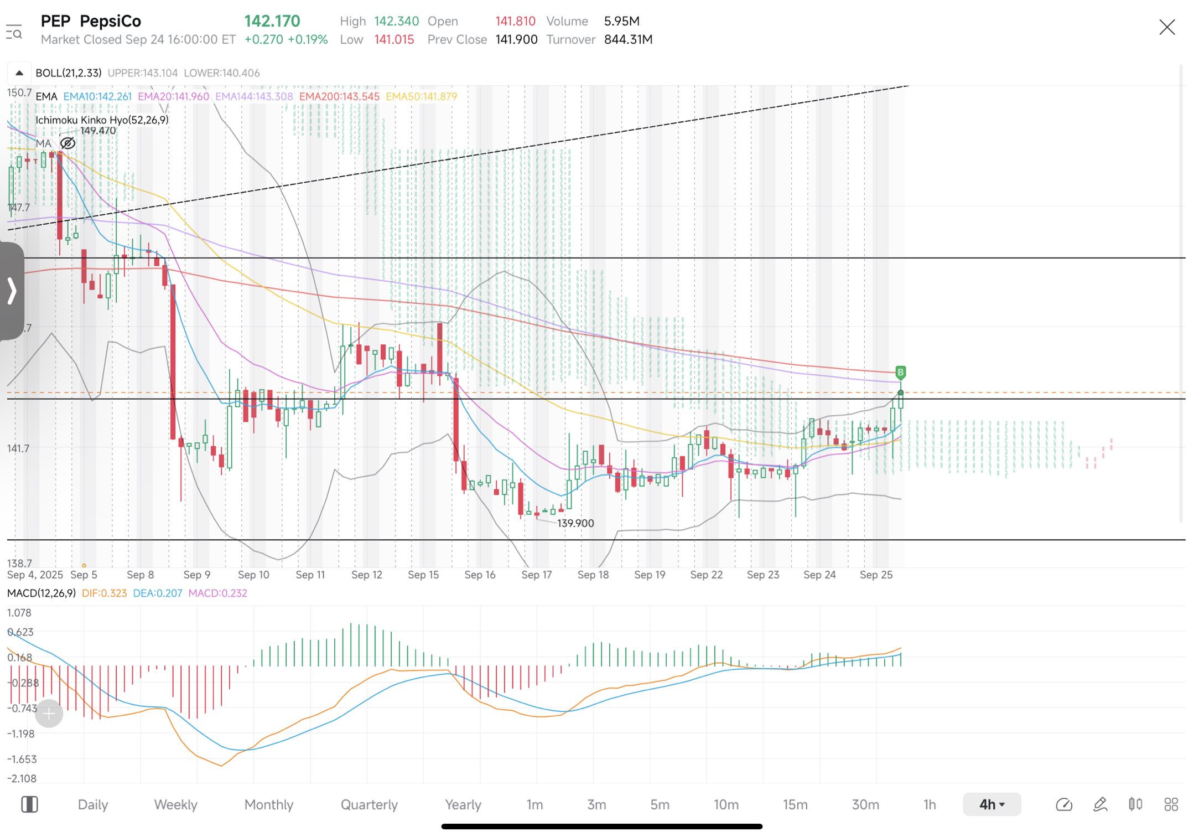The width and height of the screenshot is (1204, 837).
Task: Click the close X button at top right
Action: tap(1166, 27)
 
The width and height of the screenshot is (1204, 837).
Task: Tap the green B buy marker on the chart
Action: tap(900, 372)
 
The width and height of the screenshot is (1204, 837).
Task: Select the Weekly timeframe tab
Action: tap(175, 804)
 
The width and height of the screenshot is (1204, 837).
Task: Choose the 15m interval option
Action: tap(795, 804)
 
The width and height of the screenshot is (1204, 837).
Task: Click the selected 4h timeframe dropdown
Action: tap(992, 804)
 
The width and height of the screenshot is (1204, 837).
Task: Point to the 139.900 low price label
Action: tap(575, 523)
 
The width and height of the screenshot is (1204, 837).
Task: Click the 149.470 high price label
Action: tap(98, 131)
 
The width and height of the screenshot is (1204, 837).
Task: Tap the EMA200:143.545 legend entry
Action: tap(339, 96)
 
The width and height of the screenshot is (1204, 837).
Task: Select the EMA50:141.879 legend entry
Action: tap(421, 96)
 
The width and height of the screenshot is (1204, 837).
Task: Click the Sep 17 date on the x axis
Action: tap(536, 575)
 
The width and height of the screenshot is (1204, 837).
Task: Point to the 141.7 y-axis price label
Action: tap(18, 448)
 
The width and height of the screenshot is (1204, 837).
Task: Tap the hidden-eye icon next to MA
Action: tap(68, 143)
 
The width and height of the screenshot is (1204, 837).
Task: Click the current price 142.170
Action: tap(272, 21)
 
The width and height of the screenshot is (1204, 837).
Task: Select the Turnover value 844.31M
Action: tap(628, 39)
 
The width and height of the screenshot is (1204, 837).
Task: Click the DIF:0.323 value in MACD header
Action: tap(104, 593)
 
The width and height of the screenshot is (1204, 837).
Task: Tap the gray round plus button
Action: tap(49, 714)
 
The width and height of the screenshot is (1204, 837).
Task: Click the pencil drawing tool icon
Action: tap(1100, 804)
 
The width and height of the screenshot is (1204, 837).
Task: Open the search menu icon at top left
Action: tap(14, 32)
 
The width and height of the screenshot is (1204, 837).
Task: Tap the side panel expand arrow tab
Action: tap(12, 291)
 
